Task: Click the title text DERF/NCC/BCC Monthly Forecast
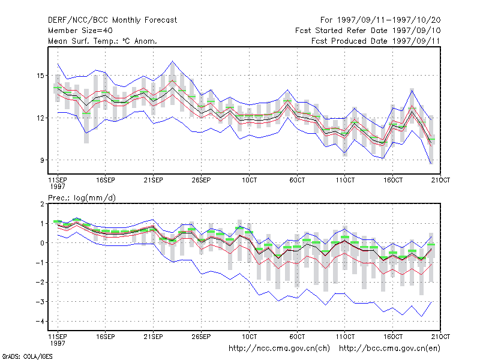click(x=112, y=20)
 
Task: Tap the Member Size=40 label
click(x=80, y=31)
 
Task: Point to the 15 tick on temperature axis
click(x=40, y=76)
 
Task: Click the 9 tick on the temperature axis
click(x=42, y=160)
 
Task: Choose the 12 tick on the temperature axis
click(x=40, y=118)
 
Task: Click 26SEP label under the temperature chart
click(x=201, y=180)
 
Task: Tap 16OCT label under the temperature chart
click(x=393, y=180)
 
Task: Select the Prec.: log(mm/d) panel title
click(x=82, y=198)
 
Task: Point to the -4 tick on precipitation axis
click(x=40, y=321)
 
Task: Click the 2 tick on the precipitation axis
click(x=42, y=204)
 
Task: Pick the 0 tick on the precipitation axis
click(x=42, y=243)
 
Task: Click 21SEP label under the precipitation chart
click(x=154, y=337)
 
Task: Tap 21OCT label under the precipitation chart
click(x=440, y=337)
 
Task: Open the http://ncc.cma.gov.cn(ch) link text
click(x=279, y=349)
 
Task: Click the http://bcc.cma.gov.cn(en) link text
click(x=389, y=349)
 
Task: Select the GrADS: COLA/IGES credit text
click(x=28, y=356)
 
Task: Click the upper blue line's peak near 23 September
click(x=173, y=61)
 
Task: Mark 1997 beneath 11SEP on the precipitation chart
click(x=58, y=343)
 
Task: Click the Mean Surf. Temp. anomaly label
click(x=103, y=41)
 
